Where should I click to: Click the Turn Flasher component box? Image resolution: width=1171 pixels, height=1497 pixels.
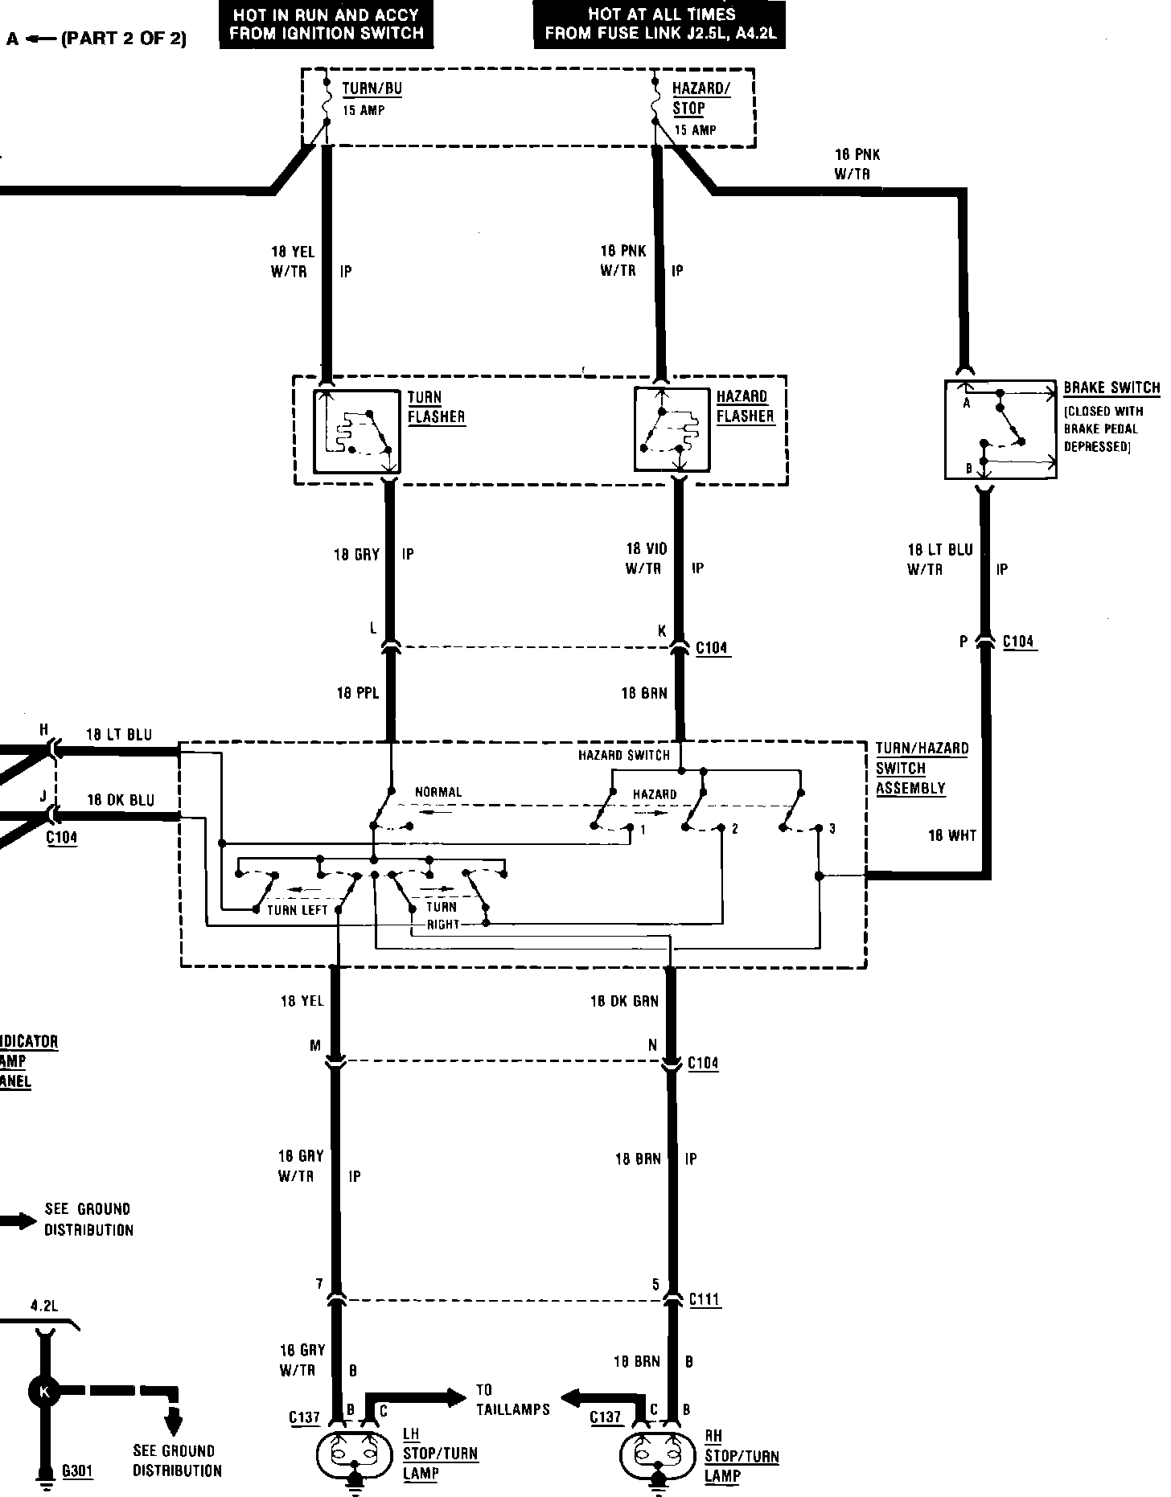tap(357, 432)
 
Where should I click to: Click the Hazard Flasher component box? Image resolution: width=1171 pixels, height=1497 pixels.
tap(672, 429)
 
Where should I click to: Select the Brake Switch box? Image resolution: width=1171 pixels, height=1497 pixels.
tap(1000, 430)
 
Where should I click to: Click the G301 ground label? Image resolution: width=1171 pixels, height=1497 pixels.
tap(78, 1471)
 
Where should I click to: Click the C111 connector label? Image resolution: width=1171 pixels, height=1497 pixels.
tap(705, 1298)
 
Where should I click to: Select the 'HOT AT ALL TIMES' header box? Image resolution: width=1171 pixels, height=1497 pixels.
tap(659, 24)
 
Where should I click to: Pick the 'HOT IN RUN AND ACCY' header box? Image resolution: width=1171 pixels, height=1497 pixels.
tap(326, 24)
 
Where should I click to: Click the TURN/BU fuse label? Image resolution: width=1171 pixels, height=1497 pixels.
tap(372, 89)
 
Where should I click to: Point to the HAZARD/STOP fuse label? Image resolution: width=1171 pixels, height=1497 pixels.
tap(701, 98)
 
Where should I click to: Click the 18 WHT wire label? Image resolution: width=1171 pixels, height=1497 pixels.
tap(951, 835)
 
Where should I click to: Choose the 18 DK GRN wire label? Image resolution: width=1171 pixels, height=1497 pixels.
tap(624, 1001)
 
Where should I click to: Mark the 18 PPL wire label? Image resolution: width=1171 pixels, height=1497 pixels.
tap(357, 692)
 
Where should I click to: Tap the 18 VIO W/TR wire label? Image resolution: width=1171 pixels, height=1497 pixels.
tap(645, 559)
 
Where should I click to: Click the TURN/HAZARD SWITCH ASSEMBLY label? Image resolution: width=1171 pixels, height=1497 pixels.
tap(921, 768)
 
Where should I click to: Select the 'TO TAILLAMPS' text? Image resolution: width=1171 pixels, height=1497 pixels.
tap(512, 1399)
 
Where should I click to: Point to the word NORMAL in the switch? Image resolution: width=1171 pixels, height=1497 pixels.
tap(438, 792)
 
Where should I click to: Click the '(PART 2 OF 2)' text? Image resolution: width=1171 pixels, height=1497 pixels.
tap(124, 38)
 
